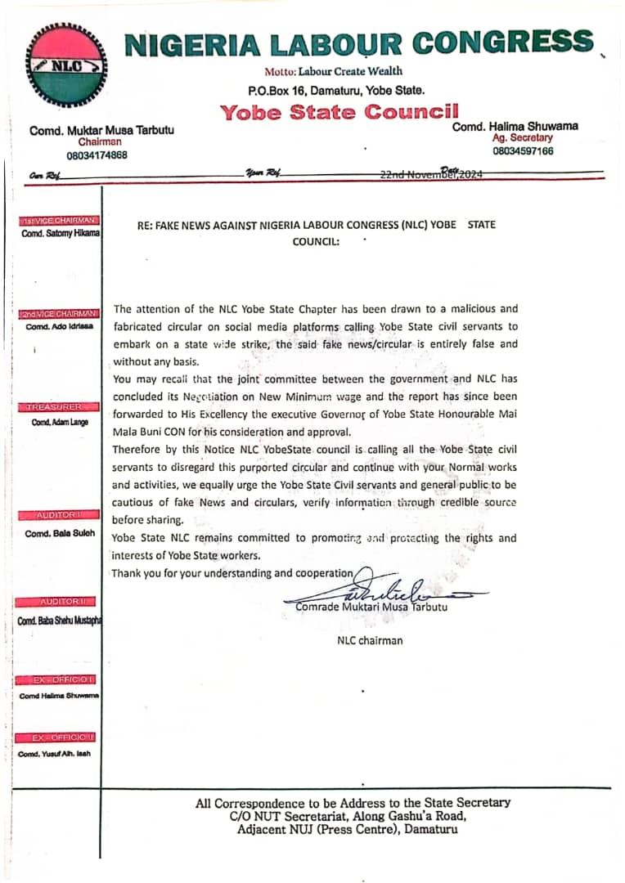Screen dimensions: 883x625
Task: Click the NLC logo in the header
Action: pyautogui.click(x=65, y=66)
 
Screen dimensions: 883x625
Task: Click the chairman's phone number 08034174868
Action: pyautogui.click(x=97, y=155)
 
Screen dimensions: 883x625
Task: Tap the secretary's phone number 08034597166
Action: pyautogui.click(x=522, y=151)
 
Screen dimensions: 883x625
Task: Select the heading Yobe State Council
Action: pyautogui.click(x=339, y=112)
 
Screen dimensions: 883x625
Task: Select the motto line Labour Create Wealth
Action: pyautogui.click(x=333, y=72)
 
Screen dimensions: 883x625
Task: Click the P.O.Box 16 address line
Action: pyautogui.click(x=336, y=90)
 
